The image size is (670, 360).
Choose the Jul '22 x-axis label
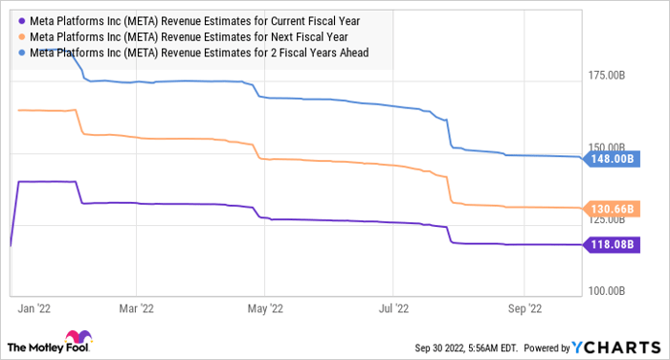pos(393,308)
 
